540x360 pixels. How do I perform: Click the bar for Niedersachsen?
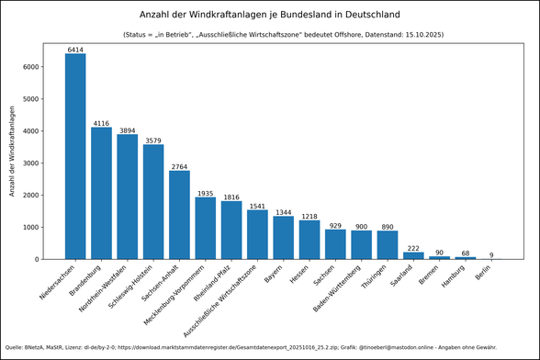click(x=75, y=156)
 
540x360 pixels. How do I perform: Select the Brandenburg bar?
click(x=101, y=193)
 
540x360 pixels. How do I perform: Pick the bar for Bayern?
click(x=284, y=238)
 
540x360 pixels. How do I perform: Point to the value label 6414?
click(x=75, y=49)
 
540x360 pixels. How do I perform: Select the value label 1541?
click(x=257, y=206)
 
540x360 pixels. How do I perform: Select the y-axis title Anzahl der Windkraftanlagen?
click(x=13, y=151)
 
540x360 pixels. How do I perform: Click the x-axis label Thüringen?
click(x=377, y=279)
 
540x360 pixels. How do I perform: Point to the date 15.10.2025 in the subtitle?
click(x=421, y=35)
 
